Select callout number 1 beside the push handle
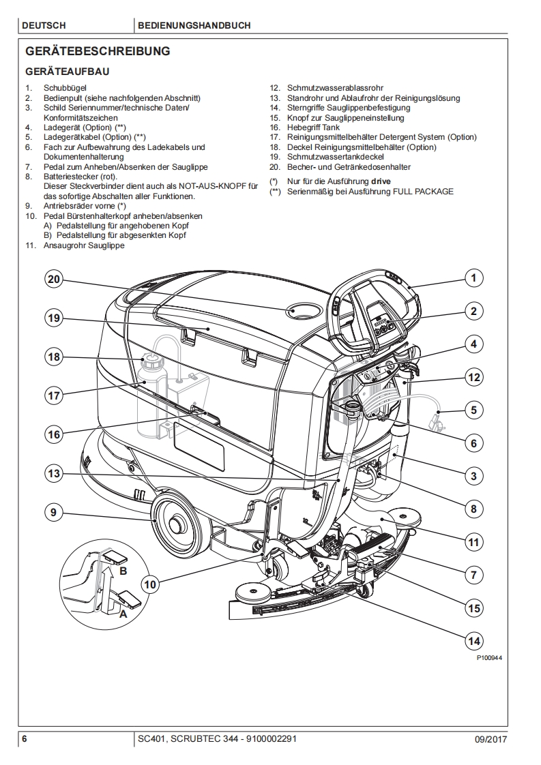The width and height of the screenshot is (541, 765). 473,277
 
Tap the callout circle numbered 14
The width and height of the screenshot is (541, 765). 473,640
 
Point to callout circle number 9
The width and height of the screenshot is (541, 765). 54,513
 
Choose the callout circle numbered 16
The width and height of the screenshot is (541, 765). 54,434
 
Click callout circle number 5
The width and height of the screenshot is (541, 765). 473,410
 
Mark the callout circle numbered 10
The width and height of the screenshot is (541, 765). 151,583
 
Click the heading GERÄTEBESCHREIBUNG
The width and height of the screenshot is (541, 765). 98,51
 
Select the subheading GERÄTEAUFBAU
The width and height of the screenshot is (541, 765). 67,71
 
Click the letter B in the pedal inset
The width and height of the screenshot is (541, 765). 123,570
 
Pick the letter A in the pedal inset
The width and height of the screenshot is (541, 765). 123,614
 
